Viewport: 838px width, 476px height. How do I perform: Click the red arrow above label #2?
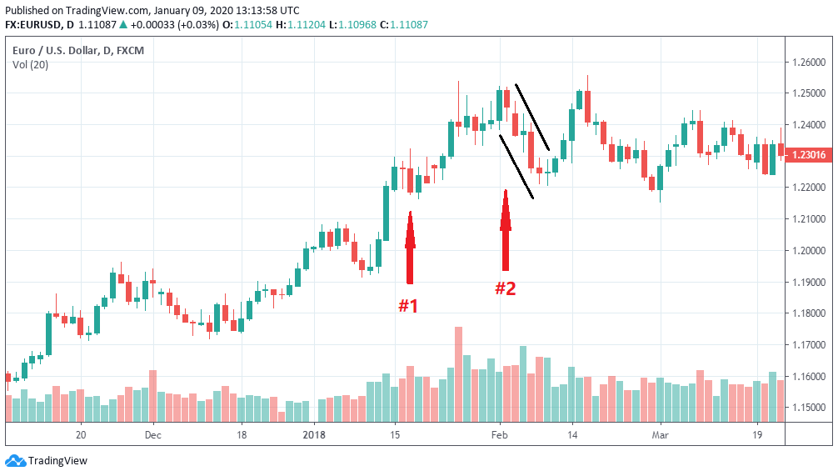pyautogui.click(x=505, y=230)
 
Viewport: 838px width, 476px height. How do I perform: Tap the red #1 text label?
pyautogui.click(x=407, y=306)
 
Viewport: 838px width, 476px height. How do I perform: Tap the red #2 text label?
pyautogui.click(x=505, y=289)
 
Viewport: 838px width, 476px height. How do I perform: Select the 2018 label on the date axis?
pyautogui.click(x=314, y=434)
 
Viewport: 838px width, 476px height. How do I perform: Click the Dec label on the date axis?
pyautogui.click(x=152, y=434)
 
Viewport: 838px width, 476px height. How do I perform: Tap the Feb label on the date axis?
pyautogui.click(x=500, y=434)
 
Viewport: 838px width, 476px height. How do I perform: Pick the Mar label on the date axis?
pyautogui.click(x=660, y=434)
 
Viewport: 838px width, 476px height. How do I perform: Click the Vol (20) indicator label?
pyautogui.click(x=30, y=65)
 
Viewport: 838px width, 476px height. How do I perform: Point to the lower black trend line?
pyautogui.click(x=516, y=167)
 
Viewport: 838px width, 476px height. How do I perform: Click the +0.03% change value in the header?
pyautogui.click(x=201, y=25)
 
